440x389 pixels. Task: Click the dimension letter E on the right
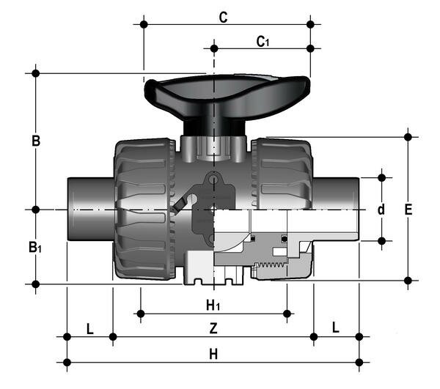tap(408, 210)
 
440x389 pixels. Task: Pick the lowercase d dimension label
tap(381, 210)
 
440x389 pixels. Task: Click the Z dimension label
tap(213, 327)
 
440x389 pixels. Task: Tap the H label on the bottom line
tap(213, 353)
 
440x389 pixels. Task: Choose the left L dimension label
tap(89, 327)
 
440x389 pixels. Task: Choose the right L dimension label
tap(336, 327)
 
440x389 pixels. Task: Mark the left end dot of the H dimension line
tap(67, 361)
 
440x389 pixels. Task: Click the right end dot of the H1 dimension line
tap(287, 314)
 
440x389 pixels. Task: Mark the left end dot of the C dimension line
tap(144, 24)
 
